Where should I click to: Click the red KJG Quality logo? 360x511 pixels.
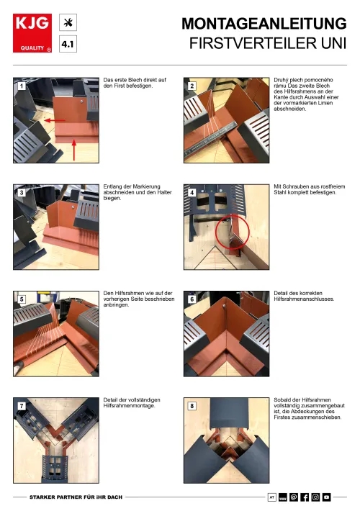pyautogui.click(x=32, y=33)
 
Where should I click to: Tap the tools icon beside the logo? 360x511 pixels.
pyautogui.click(x=68, y=22)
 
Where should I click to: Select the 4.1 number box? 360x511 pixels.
pyautogui.click(x=68, y=44)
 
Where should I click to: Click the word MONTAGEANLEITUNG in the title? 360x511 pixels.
pyautogui.click(x=264, y=24)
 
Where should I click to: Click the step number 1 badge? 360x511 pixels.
pyautogui.click(x=22, y=86)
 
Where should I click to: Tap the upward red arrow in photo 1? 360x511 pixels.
pyautogui.click(x=74, y=150)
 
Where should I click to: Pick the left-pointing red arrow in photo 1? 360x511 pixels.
pyautogui.click(x=55, y=121)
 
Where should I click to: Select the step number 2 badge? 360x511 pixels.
pyautogui.click(x=192, y=86)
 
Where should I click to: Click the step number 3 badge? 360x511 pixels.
pyautogui.click(x=22, y=193)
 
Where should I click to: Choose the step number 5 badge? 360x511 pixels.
pyautogui.click(x=22, y=299)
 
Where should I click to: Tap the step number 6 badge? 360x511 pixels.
pyautogui.click(x=192, y=299)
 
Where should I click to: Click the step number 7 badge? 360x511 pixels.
pyautogui.click(x=22, y=406)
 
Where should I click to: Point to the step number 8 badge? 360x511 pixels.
pyautogui.click(x=192, y=406)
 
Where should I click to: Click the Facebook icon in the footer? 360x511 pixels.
pyautogui.click(x=305, y=497)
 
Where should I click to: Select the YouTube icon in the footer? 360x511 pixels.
pyautogui.click(x=326, y=497)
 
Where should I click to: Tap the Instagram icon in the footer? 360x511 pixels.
pyautogui.click(x=315, y=497)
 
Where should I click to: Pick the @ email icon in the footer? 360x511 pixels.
pyautogui.click(x=294, y=497)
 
